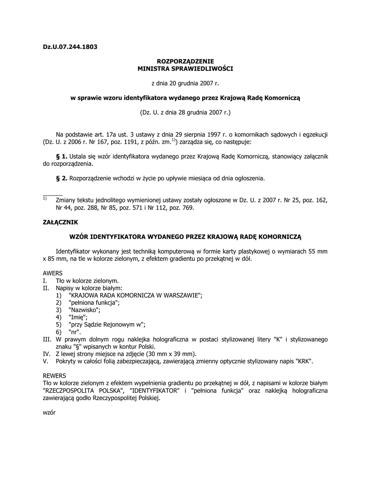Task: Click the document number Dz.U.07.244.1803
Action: coord(70,47)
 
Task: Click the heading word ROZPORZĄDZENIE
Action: coord(185,61)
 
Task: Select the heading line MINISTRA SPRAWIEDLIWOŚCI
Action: coord(185,69)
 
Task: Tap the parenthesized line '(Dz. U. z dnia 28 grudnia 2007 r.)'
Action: coord(185,112)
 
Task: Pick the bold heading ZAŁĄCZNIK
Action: coord(61,221)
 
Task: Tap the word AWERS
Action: coord(53,273)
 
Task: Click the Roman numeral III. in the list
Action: coord(46,339)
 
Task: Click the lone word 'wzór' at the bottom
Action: coord(49,412)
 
